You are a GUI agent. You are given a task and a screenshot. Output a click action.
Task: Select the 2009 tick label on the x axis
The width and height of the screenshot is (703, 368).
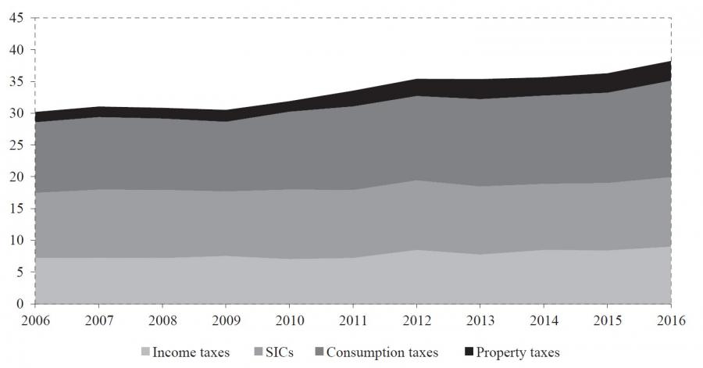[226, 320]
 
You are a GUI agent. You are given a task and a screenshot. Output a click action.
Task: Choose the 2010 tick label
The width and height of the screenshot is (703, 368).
[289, 320]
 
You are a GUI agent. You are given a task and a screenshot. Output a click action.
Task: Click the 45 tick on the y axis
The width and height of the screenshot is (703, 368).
[16, 18]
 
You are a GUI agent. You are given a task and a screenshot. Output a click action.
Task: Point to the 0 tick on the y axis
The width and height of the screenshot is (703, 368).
[20, 304]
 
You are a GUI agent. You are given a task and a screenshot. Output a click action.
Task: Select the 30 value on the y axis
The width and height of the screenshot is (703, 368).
[16, 113]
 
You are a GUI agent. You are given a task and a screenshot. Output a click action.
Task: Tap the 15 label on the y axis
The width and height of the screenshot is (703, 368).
[16, 209]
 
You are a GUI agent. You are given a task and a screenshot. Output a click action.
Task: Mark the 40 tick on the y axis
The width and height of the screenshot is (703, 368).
[16, 50]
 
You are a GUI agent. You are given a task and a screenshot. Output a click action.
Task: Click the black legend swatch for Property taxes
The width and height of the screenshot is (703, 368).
[469, 352]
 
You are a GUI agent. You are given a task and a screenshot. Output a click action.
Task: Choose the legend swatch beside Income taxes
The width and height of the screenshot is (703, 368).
[146, 352]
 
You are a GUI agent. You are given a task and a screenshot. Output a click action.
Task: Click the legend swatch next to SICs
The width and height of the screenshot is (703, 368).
[251, 352]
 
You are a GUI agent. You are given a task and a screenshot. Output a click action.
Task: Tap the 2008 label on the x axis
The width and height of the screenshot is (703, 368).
[162, 320]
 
